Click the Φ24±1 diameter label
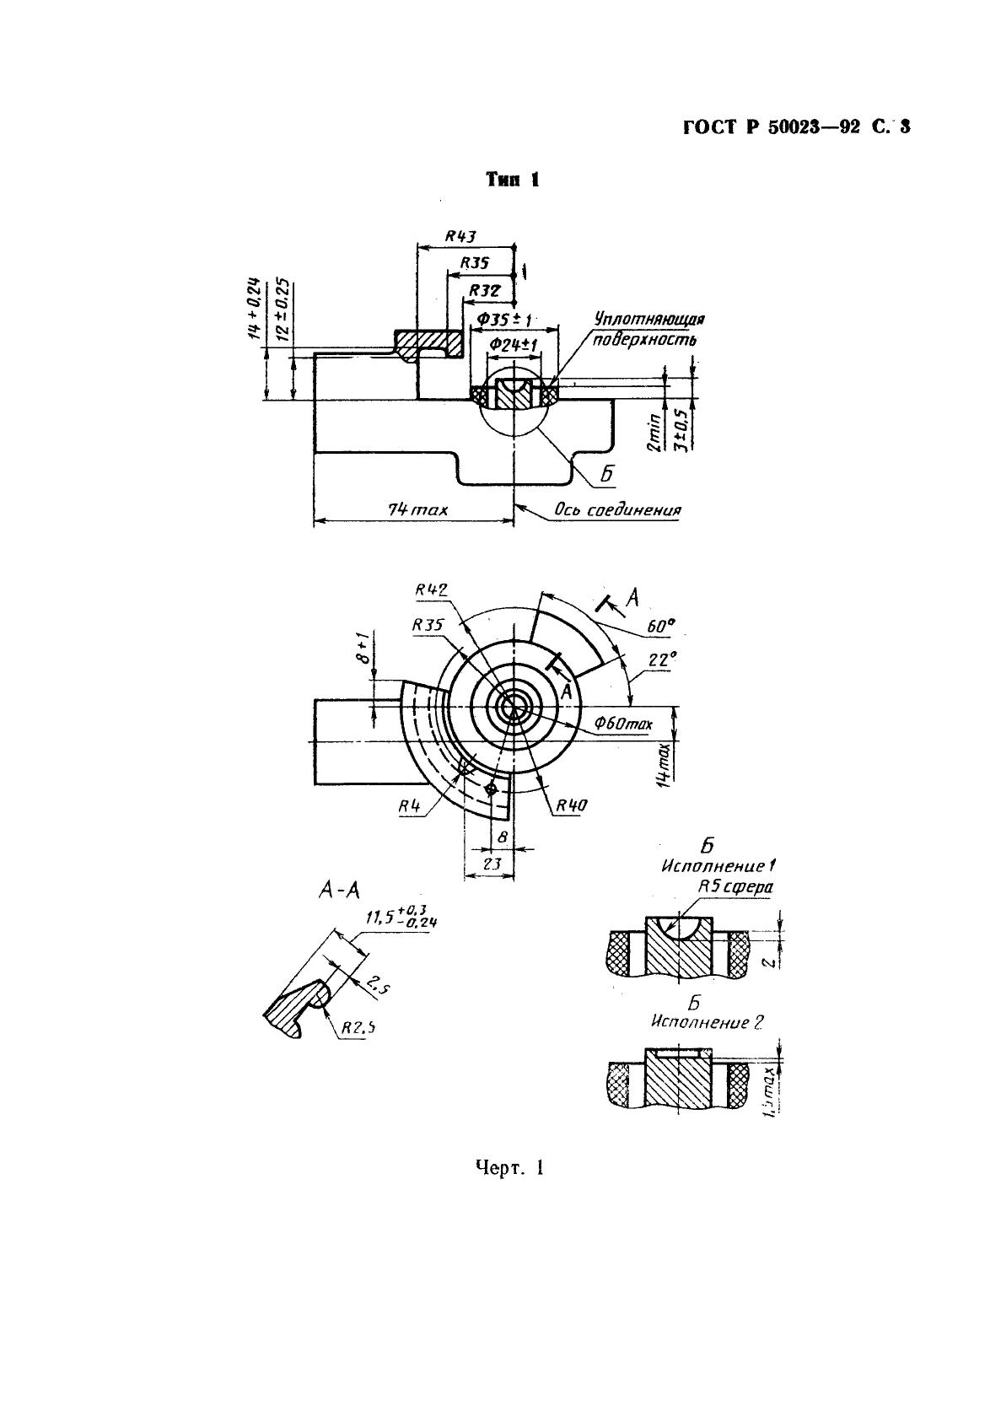(513, 344)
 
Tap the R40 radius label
(570, 805)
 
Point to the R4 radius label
(410, 806)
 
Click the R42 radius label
(431, 590)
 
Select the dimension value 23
(492, 864)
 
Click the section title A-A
(339, 888)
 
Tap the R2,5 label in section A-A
(358, 1027)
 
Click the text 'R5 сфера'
(735, 886)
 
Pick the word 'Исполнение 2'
(708, 1022)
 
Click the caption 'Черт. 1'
(509, 1168)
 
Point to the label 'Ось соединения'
(617, 510)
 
